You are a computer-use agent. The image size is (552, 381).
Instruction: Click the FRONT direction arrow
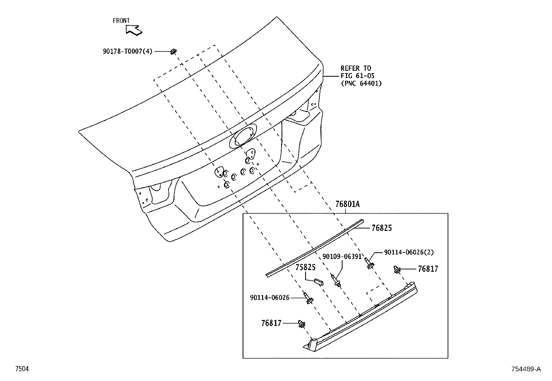[133, 30]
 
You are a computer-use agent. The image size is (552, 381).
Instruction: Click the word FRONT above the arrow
[121, 21]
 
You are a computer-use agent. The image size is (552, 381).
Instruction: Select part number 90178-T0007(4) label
[127, 51]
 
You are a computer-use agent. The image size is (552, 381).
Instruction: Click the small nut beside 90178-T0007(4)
[173, 52]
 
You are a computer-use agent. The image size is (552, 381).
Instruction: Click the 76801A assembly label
[347, 204]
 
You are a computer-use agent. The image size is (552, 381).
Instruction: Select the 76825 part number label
[381, 228]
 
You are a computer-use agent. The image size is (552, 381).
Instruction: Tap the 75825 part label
[305, 268]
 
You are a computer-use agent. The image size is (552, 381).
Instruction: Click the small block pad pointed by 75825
[319, 282]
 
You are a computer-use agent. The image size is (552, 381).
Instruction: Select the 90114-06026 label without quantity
[269, 297]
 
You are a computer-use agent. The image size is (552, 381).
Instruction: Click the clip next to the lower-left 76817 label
[302, 324]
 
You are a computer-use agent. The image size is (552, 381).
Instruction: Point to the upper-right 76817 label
[428, 269]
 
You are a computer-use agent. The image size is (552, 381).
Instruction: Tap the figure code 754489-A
[525, 369]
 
